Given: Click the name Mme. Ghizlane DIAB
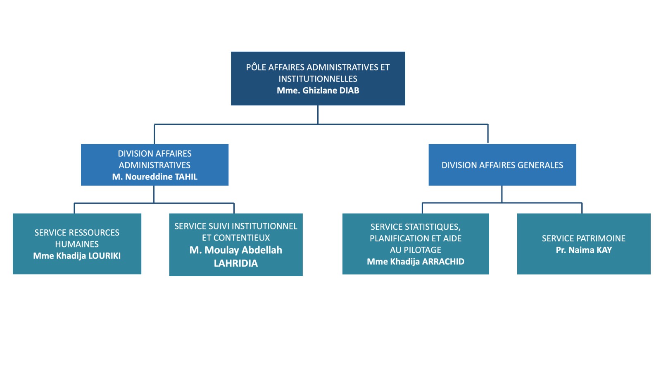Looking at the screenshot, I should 318,91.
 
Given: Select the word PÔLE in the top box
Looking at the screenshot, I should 256,67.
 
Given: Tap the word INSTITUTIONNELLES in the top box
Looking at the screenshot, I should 318,79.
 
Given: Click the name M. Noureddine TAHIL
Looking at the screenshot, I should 155,177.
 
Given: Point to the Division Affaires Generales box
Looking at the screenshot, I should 502,165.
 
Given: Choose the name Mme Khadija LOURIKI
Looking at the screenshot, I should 77,256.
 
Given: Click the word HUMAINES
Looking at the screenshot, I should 77,244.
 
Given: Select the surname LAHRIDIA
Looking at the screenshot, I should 235,263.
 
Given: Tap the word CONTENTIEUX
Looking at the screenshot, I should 242,238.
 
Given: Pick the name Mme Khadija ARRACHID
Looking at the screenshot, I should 416,262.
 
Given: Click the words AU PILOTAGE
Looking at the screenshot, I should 416,250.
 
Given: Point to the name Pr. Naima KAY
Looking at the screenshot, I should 583,250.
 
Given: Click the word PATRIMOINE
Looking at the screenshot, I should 599,238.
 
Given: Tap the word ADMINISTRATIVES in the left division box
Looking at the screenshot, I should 155,165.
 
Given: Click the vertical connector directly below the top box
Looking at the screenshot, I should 318,114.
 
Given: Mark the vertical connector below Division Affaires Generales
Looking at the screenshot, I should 502,194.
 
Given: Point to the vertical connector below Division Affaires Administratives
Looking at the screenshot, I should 154,194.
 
